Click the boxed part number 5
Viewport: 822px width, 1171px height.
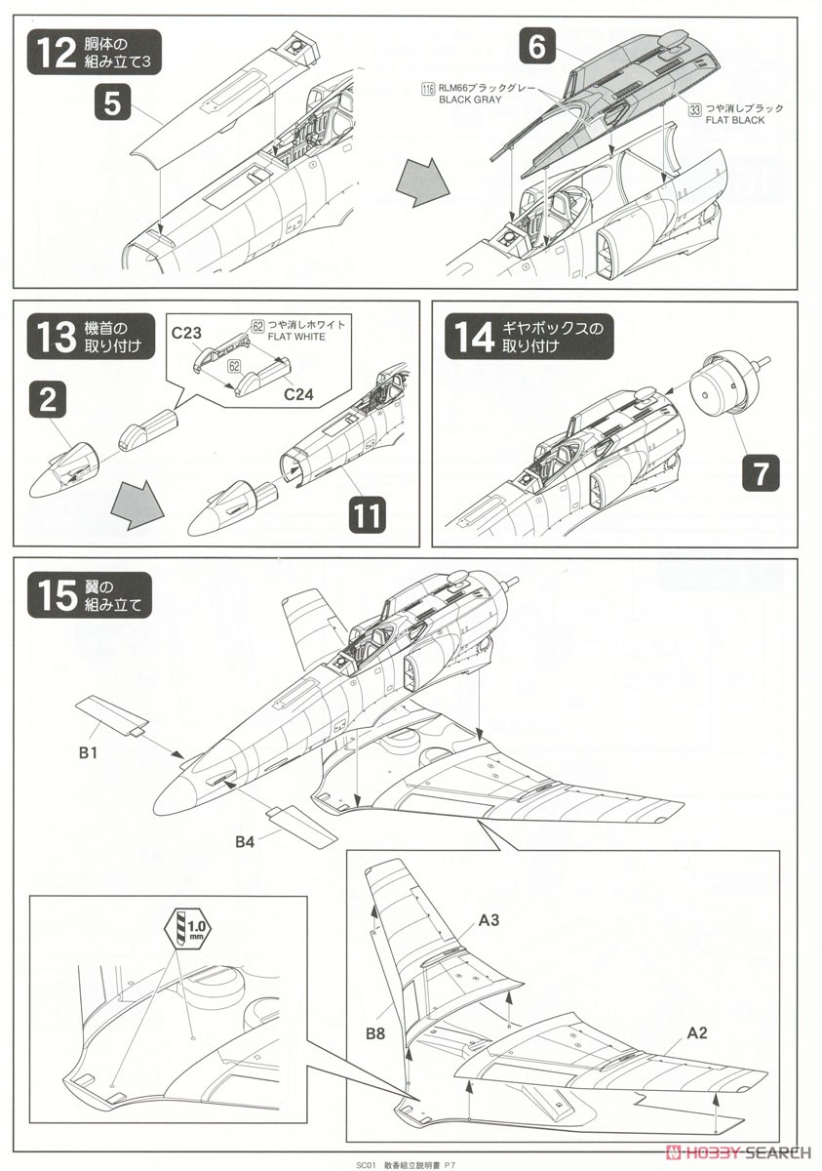tap(112, 103)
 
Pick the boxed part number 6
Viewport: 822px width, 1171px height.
tap(536, 46)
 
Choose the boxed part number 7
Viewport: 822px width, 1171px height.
tap(760, 472)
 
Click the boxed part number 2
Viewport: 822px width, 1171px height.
tap(48, 400)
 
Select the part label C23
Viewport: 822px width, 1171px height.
tap(186, 333)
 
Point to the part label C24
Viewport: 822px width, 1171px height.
tap(298, 393)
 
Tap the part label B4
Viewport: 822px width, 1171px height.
tap(245, 842)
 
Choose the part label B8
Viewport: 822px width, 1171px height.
tap(375, 1033)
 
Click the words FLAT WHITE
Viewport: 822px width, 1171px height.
tap(296, 337)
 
